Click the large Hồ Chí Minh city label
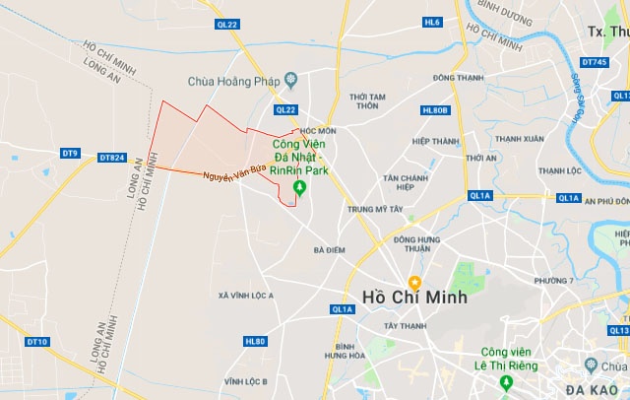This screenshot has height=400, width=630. [413, 297]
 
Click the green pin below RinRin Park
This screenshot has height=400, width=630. [299, 188]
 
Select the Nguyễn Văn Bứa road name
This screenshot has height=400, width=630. [233, 172]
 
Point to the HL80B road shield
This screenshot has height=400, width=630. [434, 110]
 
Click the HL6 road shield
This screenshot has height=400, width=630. [432, 21]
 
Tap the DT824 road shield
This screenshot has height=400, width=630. [112, 157]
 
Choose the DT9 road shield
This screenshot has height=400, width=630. [70, 153]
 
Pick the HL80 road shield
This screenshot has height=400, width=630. [254, 341]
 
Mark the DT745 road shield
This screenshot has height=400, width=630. [594, 63]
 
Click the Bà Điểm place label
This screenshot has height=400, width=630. [329, 250]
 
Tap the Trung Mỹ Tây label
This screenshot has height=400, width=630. [375, 209]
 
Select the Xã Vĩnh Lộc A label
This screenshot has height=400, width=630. [246, 296]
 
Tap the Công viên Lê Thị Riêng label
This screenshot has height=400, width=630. [507, 359]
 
